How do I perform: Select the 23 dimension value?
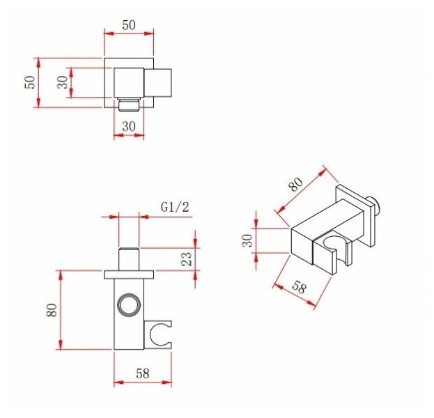pos(186,260)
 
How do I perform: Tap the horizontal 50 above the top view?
pos(128,24)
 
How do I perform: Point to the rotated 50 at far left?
pos(29,82)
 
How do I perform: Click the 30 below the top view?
pos(128,127)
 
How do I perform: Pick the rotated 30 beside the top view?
pos(62,82)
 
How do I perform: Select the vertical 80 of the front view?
pos(52,311)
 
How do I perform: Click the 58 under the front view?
pos(143,373)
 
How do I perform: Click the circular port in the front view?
pos(128,304)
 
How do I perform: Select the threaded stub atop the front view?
pos(128,258)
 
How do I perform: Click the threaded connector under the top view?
pos(128,106)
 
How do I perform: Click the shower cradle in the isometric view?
pos(333,252)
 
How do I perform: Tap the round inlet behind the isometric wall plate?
pos(376,203)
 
